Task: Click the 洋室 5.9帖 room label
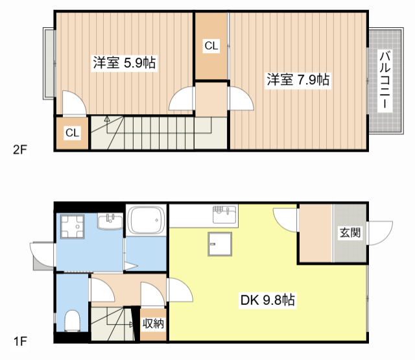(124, 63)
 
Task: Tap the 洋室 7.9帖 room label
(298, 79)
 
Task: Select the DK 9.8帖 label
(268, 300)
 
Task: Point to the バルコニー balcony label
(385, 80)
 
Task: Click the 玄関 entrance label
(350, 233)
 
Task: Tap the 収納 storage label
(153, 324)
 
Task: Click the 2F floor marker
(20, 150)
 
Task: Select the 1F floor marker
(20, 341)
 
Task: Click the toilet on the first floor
(72, 320)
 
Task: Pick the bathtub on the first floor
(146, 220)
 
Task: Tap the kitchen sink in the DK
(224, 215)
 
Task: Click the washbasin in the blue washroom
(110, 222)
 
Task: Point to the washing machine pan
(73, 226)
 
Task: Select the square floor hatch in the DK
(220, 244)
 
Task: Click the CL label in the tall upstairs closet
(211, 46)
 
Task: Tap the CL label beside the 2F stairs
(72, 132)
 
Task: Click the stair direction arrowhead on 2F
(107, 119)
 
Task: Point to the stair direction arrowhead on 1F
(132, 324)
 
